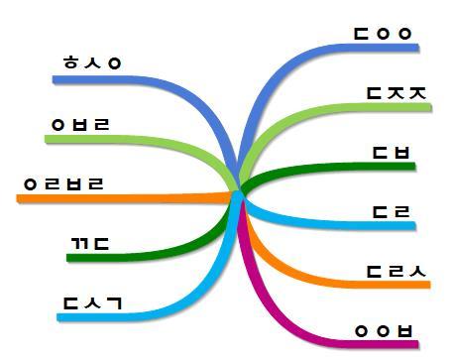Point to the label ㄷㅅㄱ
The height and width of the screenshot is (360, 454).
pyautogui.click(x=91, y=302)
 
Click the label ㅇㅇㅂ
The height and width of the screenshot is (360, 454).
pyautogui.click(x=384, y=330)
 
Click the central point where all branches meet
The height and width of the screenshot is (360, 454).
pyautogui.click(x=240, y=192)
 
